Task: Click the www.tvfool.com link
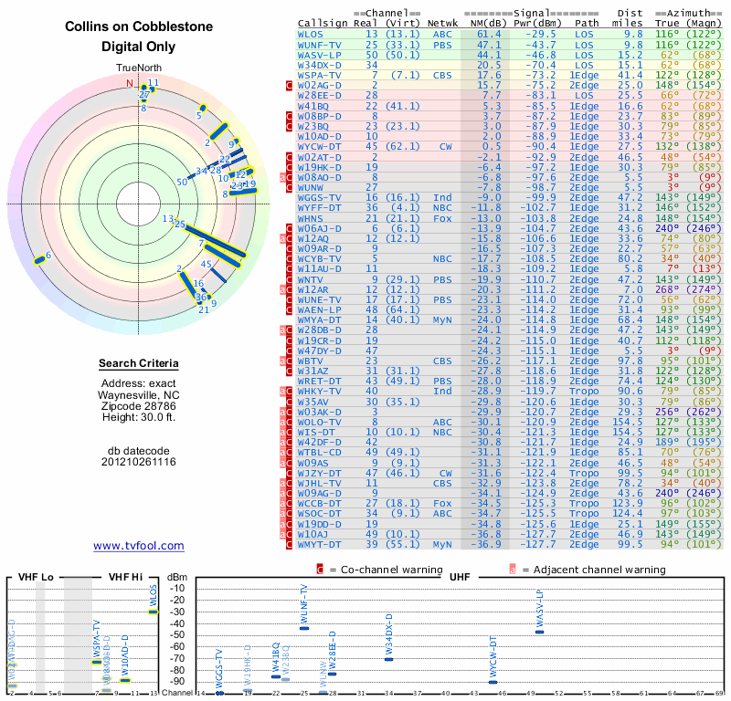coord(139,546)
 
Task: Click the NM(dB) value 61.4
coord(489,35)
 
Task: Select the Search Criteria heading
coord(139,364)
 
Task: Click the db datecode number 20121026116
coord(139,462)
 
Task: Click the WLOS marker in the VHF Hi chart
coord(154,612)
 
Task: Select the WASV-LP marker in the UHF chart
coord(539,632)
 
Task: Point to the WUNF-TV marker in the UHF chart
coord(304,628)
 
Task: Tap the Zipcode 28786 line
coord(139,405)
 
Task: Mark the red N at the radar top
coord(130,84)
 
